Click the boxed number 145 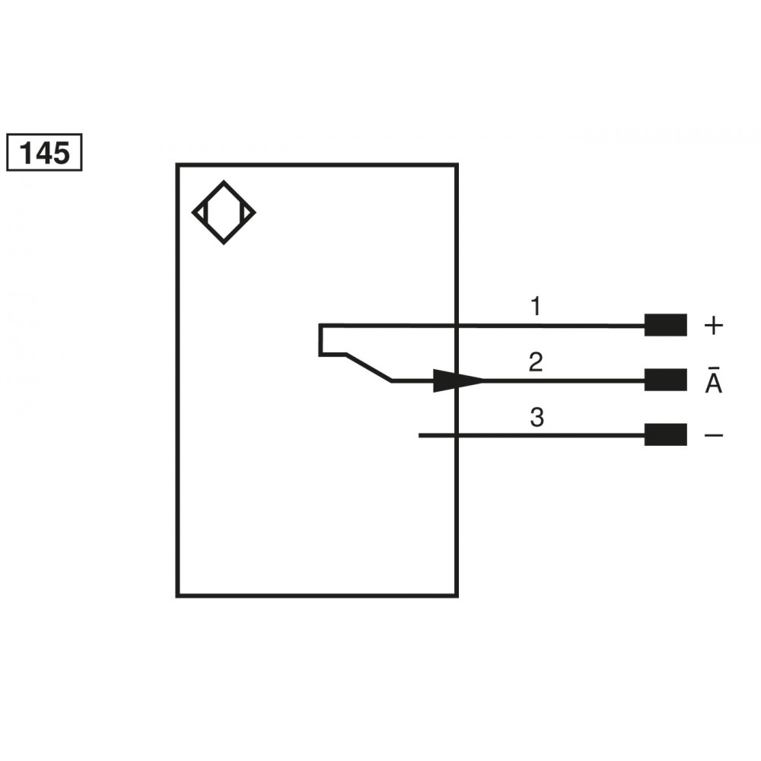pyautogui.click(x=43, y=153)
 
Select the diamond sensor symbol pyautogui.click(x=224, y=212)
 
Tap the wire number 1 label pyautogui.click(x=536, y=307)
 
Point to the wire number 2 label pyautogui.click(x=536, y=363)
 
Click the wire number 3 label pyautogui.click(x=537, y=418)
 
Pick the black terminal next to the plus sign pyautogui.click(x=665, y=325)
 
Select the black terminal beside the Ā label pyautogui.click(x=665, y=380)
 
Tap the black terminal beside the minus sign pyautogui.click(x=665, y=435)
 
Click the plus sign pyautogui.click(x=713, y=326)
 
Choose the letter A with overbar pyautogui.click(x=713, y=383)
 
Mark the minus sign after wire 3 pyautogui.click(x=713, y=435)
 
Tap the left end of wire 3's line pyautogui.click(x=420, y=435)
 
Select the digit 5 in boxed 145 pyautogui.click(x=60, y=154)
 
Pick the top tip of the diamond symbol pyautogui.click(x=224, y=182)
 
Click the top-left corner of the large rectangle pyautogui.click(x=177, y=164)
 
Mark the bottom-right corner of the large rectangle pyautogui.click(x=457, y=596)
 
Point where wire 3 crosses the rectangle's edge pyautogui.click(x=457, y=435)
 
